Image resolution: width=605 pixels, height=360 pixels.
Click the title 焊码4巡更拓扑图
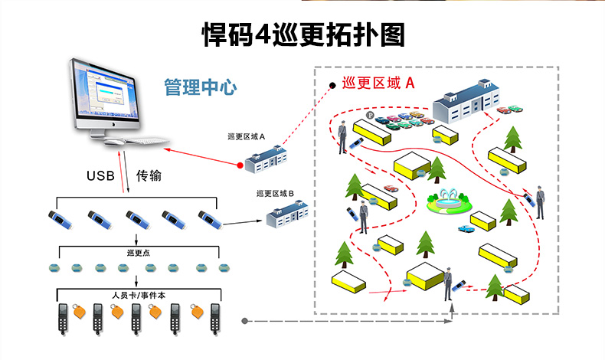click(x=302, y=34)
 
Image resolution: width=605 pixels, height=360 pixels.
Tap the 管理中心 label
click(x=201, y=86)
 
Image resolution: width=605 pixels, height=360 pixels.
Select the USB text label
click(x=100, y=175)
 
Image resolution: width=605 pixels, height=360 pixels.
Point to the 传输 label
click(x=149, y=175)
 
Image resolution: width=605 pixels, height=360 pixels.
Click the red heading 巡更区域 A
click(x=378, y=83)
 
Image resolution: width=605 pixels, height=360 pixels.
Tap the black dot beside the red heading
click(x=332, y=85)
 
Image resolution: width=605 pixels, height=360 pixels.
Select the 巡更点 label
click(x=139, y=252)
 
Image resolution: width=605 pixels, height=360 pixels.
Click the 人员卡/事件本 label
click(x=139, y=294)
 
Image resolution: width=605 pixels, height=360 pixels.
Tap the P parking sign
click(x=370, y=116)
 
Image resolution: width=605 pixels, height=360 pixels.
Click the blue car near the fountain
click(x=465, y=228)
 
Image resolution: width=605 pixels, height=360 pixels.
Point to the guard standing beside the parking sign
click(x=342, y=137)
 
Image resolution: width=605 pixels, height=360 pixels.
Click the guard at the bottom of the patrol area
click(x=449, y=284)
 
